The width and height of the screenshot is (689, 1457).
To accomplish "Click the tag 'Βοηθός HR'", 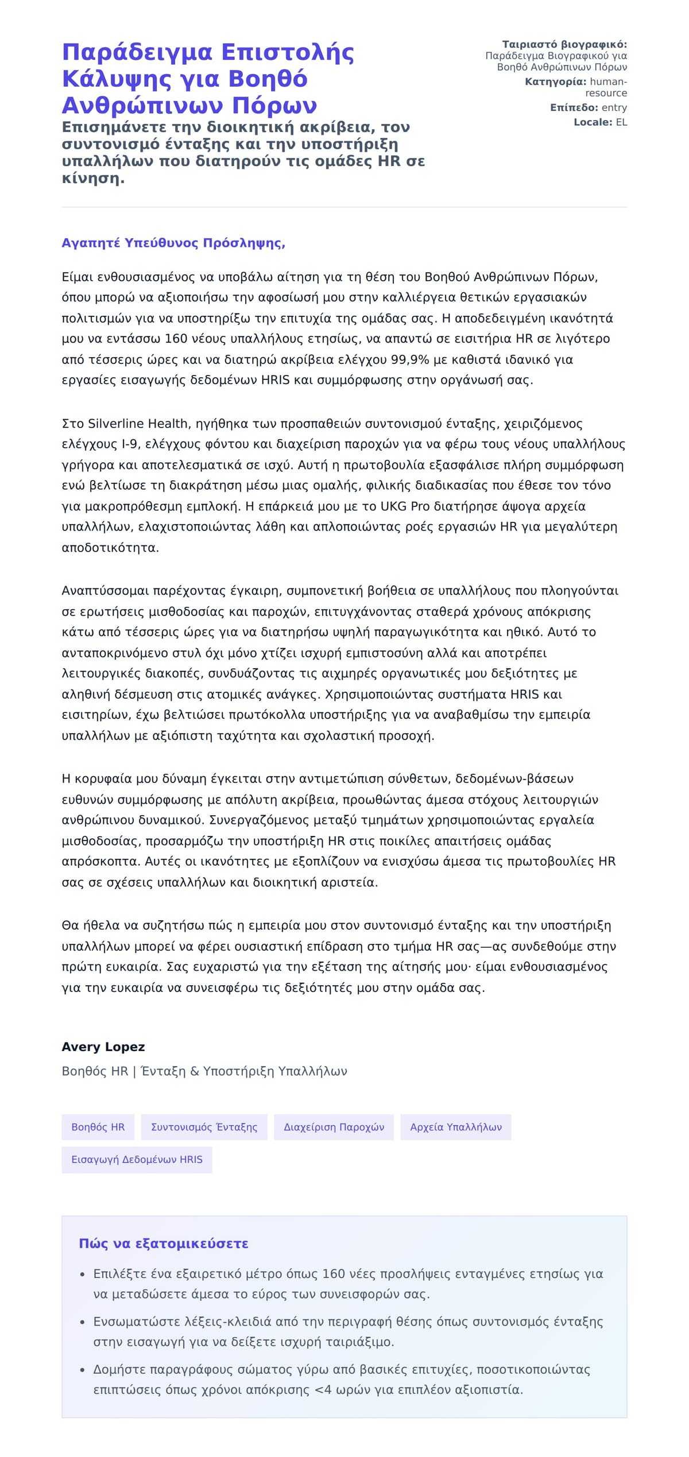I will (98, 1127).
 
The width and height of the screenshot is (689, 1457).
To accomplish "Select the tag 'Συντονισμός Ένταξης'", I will (204, 1127).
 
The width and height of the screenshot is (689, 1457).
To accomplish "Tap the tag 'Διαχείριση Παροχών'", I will (334, 1127).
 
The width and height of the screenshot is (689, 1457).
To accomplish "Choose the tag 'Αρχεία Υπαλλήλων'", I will (455, 1127).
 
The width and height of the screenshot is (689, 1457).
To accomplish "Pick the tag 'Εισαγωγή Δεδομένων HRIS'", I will (137, 1160).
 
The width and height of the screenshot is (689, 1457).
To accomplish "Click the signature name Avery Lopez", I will (103, 1047).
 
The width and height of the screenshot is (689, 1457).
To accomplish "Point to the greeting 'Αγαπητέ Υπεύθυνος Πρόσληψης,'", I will (173, 243).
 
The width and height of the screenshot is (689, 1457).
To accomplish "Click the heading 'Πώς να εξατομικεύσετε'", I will (164, 1243).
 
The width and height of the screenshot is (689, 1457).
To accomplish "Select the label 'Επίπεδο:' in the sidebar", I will (574, 108).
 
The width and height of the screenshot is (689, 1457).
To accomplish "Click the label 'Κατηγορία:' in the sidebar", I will (555, 82).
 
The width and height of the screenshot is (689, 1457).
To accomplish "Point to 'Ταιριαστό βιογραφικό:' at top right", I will (564, 45).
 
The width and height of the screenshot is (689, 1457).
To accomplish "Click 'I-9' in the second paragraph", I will (129, 444).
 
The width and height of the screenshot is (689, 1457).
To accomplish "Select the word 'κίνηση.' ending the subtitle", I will (93, 179).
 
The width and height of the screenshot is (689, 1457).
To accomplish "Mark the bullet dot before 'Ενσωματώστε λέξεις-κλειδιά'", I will (83, 1322).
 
